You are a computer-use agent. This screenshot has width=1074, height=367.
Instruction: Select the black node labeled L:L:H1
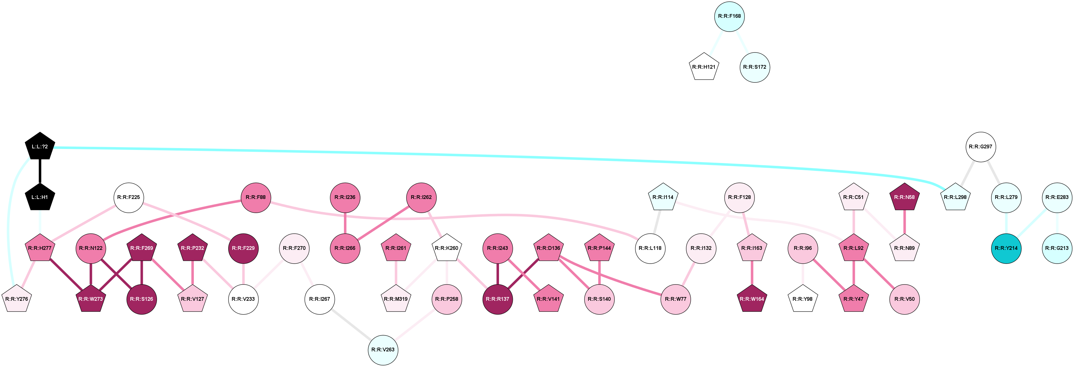coord(40,197)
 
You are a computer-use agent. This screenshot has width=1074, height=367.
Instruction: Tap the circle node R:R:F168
coord(729,17)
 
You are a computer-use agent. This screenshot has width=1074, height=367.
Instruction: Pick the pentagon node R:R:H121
coord(704,67)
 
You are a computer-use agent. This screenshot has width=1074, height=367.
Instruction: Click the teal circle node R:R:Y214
coord(1006,248)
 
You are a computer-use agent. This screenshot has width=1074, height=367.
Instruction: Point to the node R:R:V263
coord(383,350)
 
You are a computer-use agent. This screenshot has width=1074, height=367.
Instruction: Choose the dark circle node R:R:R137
coord(498,299)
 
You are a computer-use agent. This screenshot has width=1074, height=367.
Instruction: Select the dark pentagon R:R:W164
coord(752,299)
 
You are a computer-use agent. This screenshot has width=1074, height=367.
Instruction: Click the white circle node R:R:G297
coord(981,146)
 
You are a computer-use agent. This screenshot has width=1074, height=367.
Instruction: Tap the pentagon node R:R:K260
coord(446,248)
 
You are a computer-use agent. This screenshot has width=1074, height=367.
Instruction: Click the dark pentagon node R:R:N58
coord(904,197)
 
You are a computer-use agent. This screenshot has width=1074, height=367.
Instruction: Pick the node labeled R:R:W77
coord(675,299)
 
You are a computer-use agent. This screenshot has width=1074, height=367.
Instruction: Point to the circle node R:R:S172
coord(755,67)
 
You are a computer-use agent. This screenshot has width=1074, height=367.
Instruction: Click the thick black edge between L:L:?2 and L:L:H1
coord(40,171)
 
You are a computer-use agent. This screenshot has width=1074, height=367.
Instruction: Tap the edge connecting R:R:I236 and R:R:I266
coord(345,223)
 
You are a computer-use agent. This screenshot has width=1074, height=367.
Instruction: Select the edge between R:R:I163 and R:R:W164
coord(752,273)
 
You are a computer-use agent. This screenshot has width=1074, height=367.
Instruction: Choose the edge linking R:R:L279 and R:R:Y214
coord(1006,223)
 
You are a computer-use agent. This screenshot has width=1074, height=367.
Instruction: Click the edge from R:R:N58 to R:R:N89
coord(904,223)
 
